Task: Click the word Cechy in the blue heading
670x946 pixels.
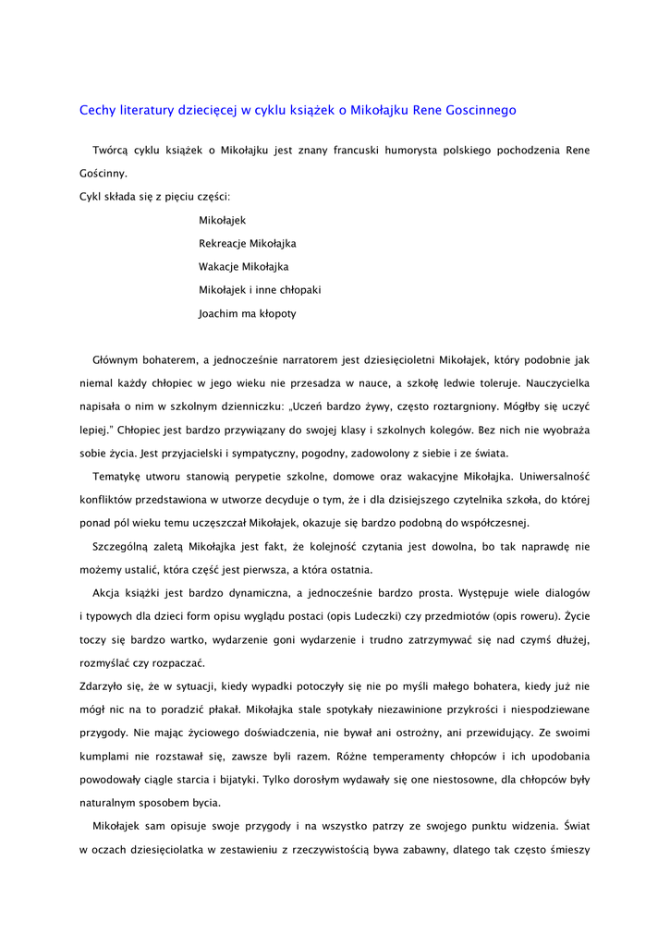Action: (99, 110)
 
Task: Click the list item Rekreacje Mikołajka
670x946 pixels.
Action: (248, 243)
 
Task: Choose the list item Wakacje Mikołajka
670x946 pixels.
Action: (244, 267)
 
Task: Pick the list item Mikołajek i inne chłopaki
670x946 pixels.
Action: (260, 290)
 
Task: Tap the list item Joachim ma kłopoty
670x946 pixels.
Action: (248, 313)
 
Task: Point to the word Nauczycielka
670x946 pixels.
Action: (557, 382)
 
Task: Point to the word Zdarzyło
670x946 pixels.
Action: (102, 686)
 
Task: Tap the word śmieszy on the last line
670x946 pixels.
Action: (569, 850)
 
